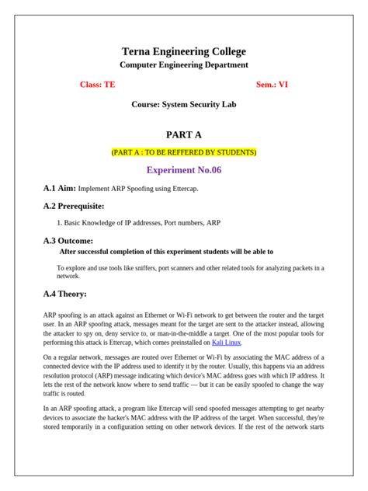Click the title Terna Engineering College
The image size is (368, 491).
(184, 51)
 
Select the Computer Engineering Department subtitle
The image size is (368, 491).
(184, 65)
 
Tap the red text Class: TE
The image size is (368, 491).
(97, 84)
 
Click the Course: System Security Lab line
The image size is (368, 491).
(184, 103)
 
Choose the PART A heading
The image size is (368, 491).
(184, 134)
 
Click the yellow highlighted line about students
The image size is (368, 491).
(184, 151)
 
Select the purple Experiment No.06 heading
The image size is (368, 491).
(184, 169)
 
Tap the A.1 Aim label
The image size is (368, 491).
(60, 189)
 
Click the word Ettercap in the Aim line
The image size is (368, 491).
(198, 189)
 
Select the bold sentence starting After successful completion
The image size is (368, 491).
(166, 252)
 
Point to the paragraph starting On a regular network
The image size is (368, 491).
(184, 373)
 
